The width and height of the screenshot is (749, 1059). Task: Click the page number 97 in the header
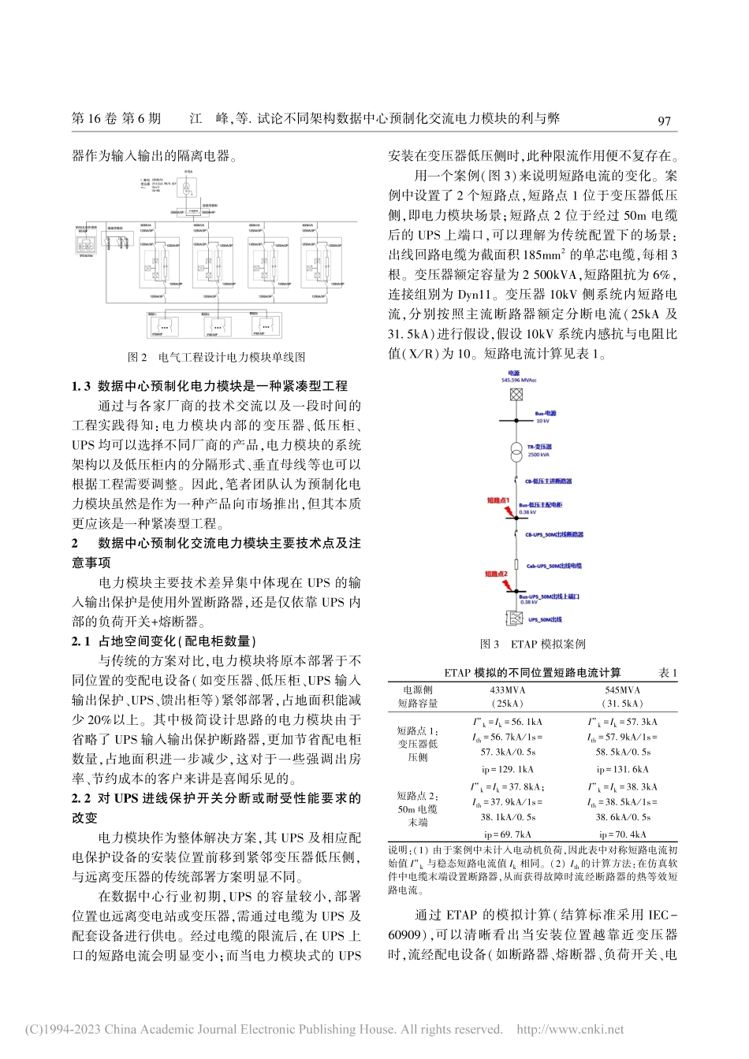coord(664,121)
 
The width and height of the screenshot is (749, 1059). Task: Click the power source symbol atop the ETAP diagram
coord(516,394)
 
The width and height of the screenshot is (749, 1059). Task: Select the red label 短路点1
coord(498,500)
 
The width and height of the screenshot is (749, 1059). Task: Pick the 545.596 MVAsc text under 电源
coord(520,381)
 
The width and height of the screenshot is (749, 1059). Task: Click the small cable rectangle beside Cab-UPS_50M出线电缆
coord(516,566)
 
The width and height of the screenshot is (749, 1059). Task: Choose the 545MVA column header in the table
coord(622,690)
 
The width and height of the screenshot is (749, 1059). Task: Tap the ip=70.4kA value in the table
coord(622,834)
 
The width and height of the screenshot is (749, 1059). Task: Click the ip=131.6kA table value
coord(622,769)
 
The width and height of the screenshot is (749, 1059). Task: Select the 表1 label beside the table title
coord(667,673)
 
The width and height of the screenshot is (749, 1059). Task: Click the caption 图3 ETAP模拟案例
coord(533,644)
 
